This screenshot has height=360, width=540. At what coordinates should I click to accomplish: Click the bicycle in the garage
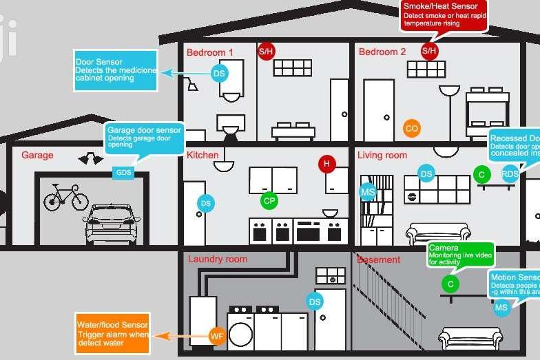pos(66,198)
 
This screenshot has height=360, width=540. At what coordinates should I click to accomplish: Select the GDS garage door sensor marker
pos(123,172)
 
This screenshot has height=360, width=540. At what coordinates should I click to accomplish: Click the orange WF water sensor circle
pos(217,336)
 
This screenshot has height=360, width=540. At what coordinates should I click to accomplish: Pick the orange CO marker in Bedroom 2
pos(411,128)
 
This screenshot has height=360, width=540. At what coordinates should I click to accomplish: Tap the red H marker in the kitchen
pos(326,164)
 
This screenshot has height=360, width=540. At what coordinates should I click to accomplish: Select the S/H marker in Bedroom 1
pos(266,51)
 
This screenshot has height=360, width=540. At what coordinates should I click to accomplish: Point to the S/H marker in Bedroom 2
pos(429,51)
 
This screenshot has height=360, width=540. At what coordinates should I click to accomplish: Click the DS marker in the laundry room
pos(315,301)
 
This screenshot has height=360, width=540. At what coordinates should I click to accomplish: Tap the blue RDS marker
pos(510,174)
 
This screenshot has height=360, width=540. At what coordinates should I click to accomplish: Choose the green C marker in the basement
pos(450,284)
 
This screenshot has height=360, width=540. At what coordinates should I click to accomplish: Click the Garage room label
pos(37,156)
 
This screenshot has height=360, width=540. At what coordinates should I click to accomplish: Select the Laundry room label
pos(217,260)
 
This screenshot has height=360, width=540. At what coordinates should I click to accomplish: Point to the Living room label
pos(382,156)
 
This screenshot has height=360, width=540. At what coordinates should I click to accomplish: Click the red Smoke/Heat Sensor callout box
pos(444,14)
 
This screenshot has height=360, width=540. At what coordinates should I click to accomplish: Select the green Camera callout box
pos(461,255)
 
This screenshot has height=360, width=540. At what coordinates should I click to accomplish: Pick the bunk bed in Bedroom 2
pos(488,108)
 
